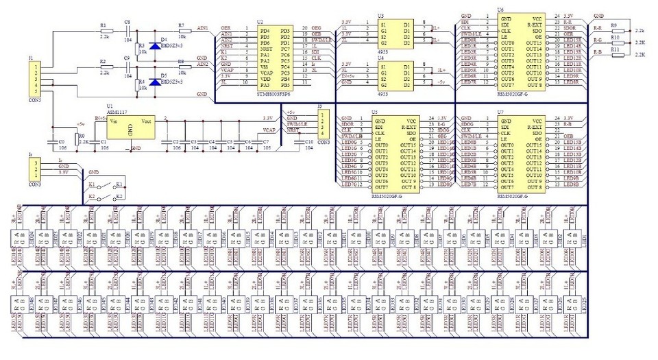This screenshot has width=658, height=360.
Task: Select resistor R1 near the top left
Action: [105, 32]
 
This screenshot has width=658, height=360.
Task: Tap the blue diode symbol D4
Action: [155, 46]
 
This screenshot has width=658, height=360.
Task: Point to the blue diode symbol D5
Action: [155, 82]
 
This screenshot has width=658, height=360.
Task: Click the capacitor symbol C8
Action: [127, 32]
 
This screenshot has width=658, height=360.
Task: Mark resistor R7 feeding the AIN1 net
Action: [182, 32]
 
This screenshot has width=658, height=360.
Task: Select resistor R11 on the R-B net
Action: [617, 53]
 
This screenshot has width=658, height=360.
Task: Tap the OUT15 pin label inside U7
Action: [533, 145]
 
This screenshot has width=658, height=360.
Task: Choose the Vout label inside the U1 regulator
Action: [146, 119]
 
